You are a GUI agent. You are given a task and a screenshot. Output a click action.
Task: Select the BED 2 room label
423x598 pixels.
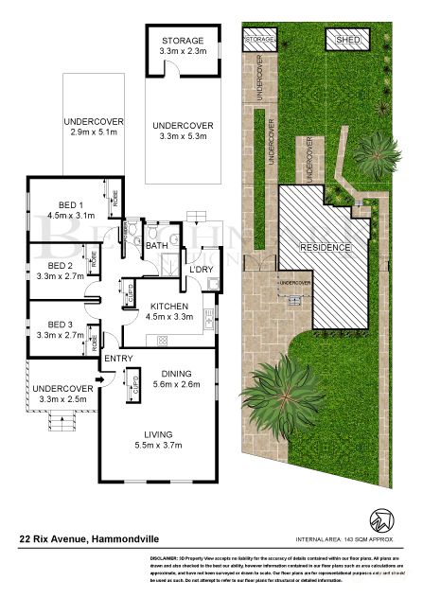(61, 266)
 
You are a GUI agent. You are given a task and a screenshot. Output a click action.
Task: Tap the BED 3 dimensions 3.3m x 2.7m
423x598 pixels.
(61, 335)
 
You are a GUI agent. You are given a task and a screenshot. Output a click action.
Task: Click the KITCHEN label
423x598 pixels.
(169, 307)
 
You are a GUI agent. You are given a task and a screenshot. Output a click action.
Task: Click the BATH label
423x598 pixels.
(156, 247)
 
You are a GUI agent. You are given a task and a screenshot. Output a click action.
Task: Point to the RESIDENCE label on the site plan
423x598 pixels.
(326, 248)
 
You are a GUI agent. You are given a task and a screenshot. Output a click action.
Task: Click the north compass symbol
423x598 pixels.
(382, 519)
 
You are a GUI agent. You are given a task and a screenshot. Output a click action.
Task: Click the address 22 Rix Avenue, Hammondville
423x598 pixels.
(81, 539)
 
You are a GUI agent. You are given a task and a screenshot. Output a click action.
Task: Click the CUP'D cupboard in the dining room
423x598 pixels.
(135, 387)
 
